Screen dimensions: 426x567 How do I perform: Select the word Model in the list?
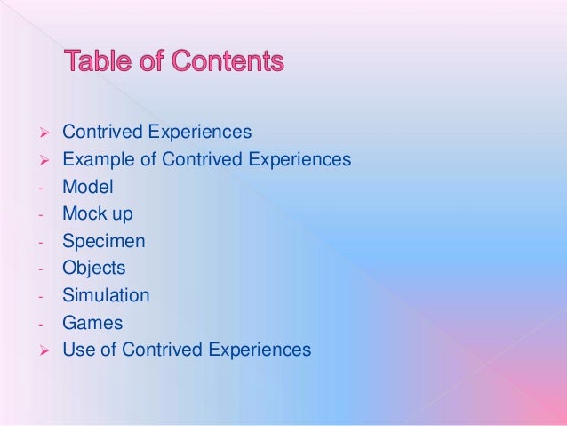[88, 187]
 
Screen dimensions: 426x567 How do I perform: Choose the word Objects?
[93, 268]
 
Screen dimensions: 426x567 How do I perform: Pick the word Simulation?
[106, 295]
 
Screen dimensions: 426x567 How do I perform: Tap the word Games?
[92, 322]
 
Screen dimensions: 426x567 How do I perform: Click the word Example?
[95, 160]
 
